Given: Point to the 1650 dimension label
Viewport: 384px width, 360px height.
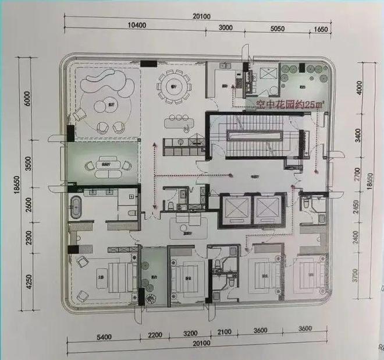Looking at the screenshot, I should [x=321, y=27].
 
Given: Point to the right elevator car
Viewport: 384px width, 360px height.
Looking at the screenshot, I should [x=267, y=209].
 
